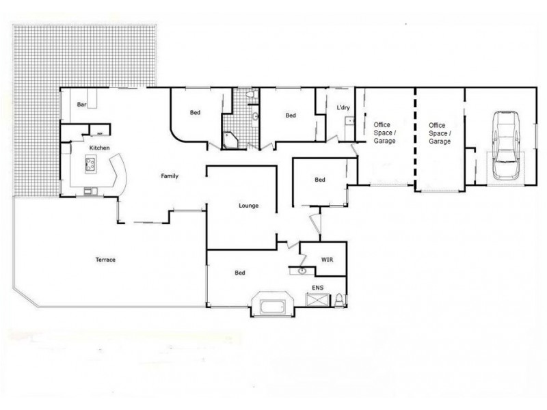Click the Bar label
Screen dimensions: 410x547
82,105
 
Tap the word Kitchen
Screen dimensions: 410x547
99,148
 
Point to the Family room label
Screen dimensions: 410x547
170,176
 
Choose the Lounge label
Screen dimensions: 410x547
248,206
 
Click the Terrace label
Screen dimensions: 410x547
105,260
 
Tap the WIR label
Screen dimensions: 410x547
327,260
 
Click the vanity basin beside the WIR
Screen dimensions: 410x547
302,271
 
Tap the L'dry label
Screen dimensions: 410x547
343,108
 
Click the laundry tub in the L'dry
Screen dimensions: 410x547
348,122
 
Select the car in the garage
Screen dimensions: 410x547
505,146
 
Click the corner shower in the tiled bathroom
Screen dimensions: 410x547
230,140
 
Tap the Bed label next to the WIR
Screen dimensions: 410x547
240,273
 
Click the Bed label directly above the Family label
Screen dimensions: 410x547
195,113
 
